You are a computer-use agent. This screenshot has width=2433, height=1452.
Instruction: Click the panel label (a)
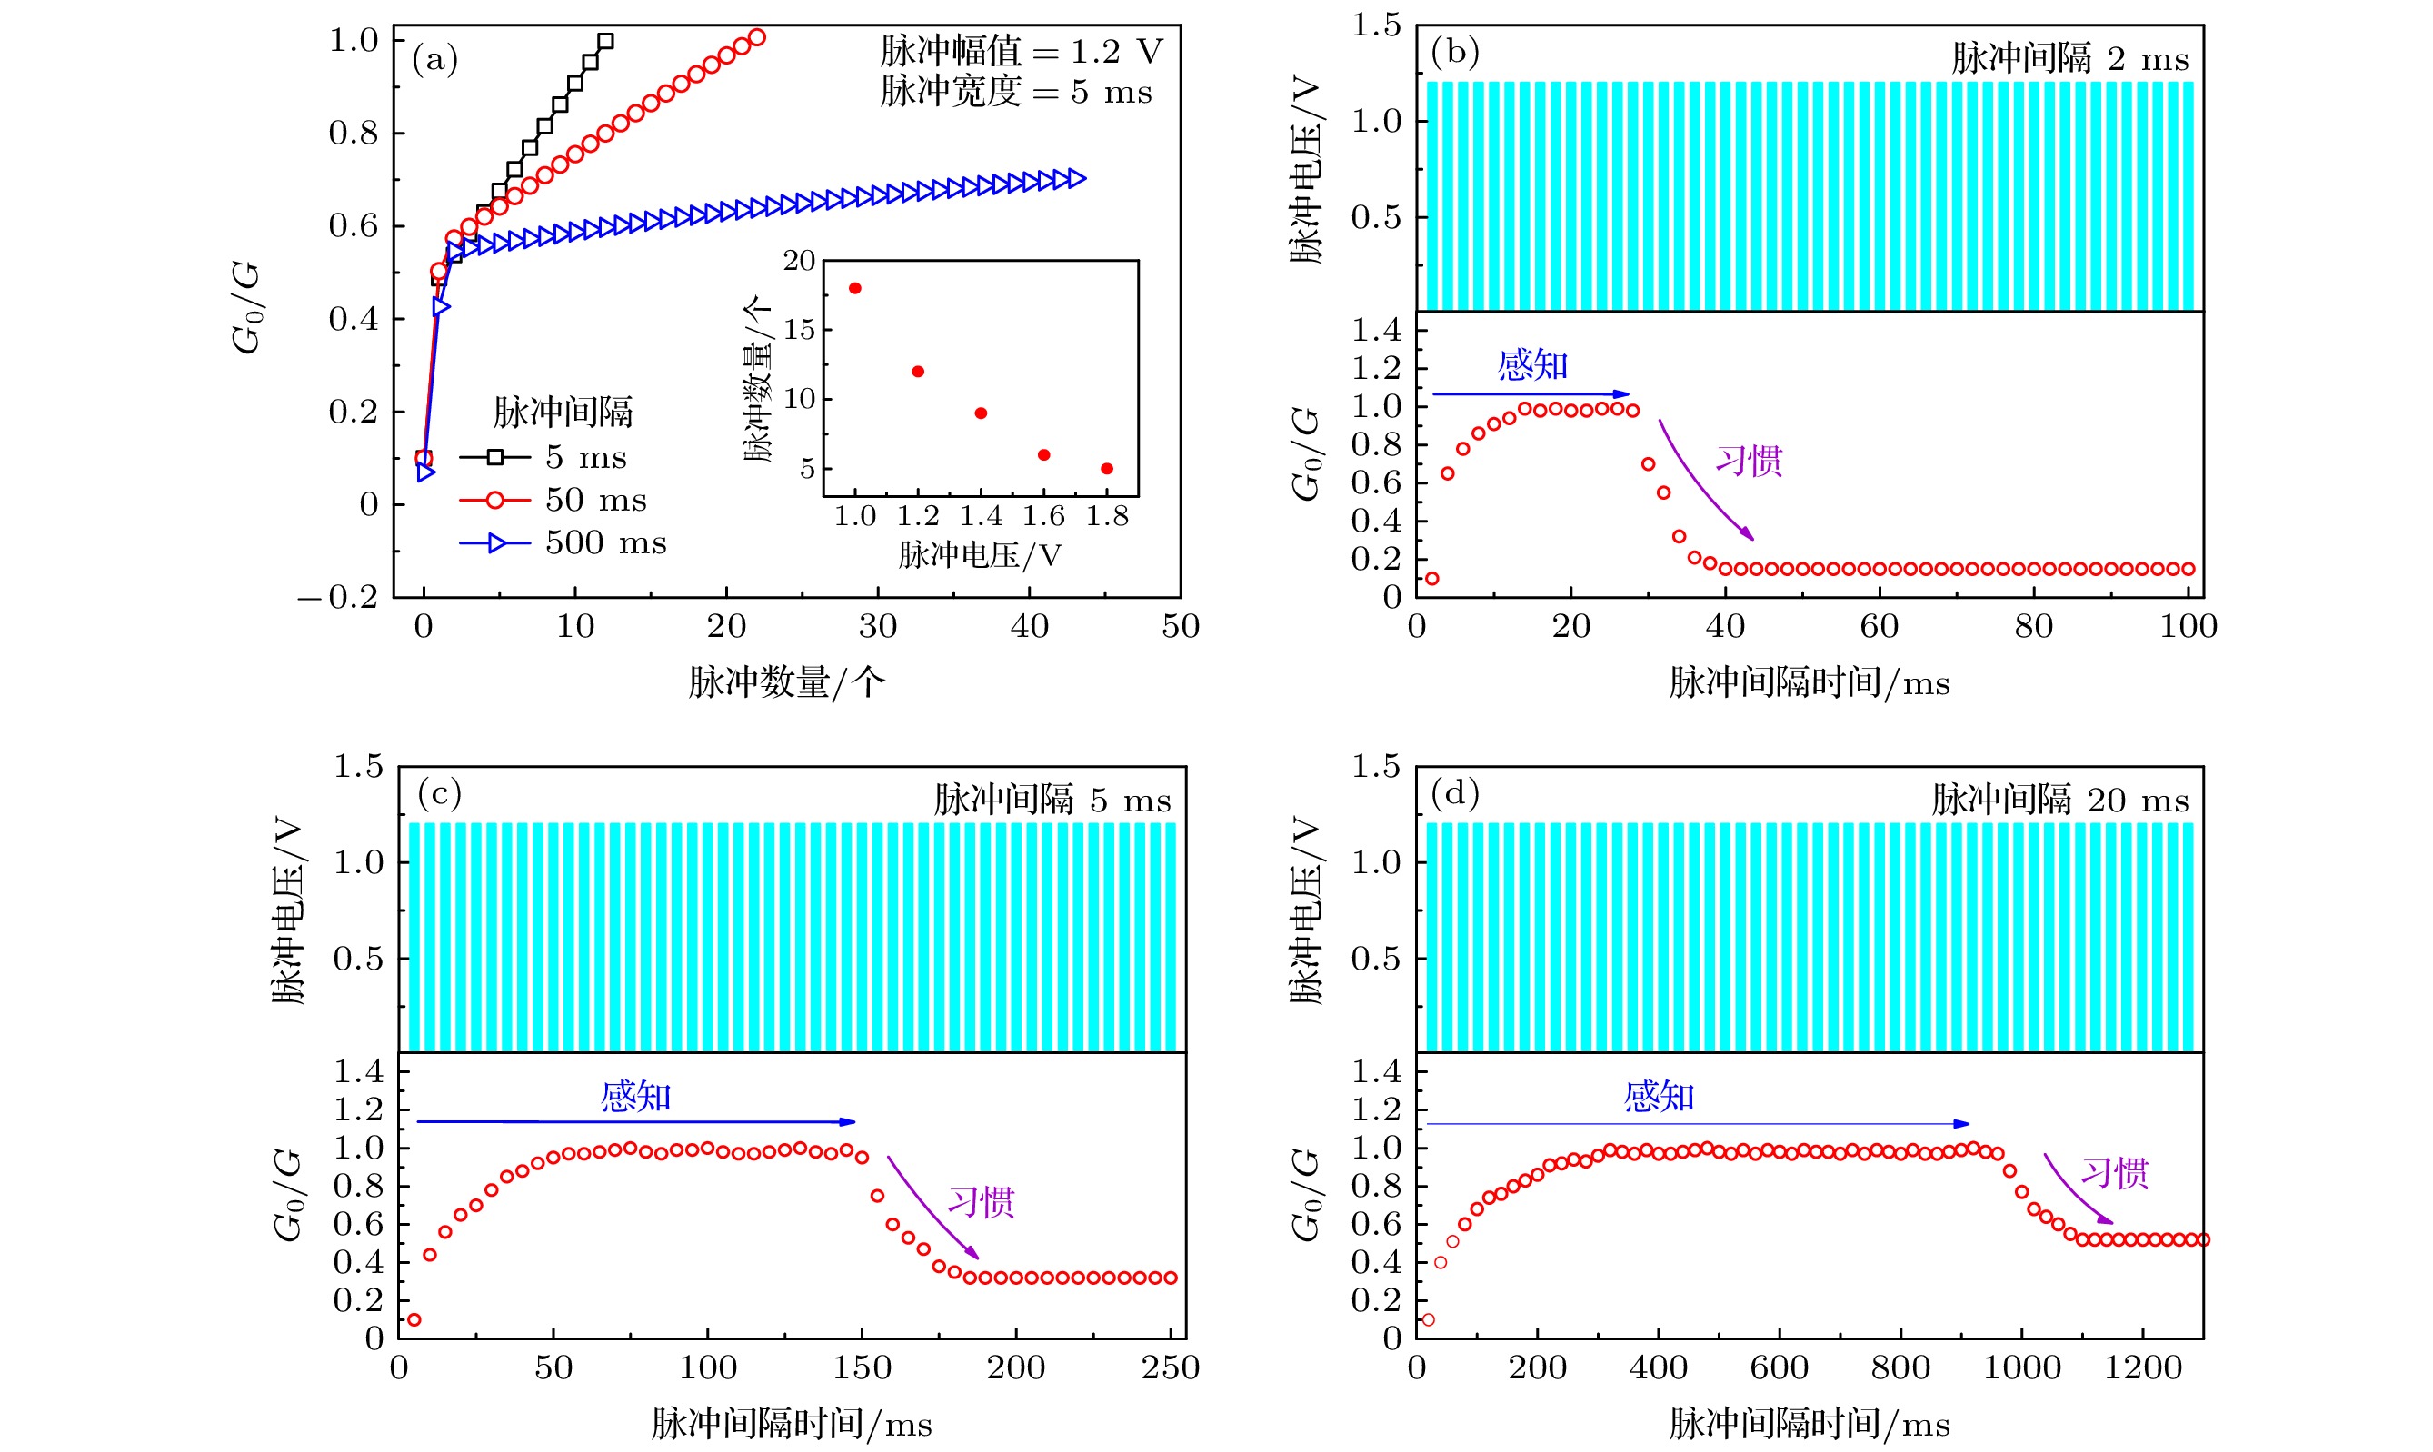click(x=434, y=60)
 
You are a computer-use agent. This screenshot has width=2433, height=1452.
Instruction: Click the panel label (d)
click(x=1453, y=792)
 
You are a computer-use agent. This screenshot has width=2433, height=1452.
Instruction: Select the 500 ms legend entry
click(x=563, y=543)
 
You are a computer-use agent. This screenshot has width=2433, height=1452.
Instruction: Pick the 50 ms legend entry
click(x=553, y=500)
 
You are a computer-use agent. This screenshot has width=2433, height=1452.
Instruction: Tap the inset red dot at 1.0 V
click(x=854, y=289)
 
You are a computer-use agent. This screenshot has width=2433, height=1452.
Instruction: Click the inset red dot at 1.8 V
click(x=1107, y=469)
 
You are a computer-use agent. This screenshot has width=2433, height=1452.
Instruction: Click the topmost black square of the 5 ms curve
click(x=606, y=41)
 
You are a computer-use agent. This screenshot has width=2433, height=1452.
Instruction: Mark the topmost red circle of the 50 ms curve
click(x=756, y=38)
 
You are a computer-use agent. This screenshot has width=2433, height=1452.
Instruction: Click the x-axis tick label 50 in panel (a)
click(x=1181, y=626)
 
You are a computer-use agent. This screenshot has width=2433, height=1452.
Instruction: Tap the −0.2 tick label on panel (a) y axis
click(x=338, y=597)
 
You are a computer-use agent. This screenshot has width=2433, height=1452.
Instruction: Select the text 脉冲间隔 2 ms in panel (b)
click(x=2069, y=59)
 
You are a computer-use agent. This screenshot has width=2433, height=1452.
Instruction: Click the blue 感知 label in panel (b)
click(x=1532, y=365)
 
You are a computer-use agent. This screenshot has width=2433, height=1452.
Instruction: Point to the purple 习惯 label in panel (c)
click(x=981, y=1201)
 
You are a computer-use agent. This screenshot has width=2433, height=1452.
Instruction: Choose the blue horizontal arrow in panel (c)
click(x=636, y=1121)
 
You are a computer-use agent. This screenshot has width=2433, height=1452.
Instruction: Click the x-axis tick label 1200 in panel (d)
click(x=2142, y=1367)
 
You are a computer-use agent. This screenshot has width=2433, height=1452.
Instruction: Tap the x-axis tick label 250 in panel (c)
click(x=1170, y=1367)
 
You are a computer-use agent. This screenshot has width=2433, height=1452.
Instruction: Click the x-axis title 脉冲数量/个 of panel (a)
click(x=787, y=682)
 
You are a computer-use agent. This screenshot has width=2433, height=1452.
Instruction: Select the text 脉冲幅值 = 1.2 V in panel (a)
click(x=1021, y=51)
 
